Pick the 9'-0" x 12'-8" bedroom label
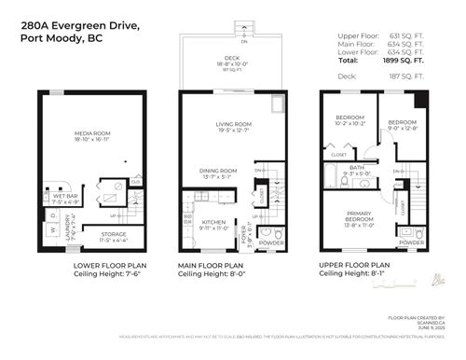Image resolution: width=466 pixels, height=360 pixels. (x=402, y=126)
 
